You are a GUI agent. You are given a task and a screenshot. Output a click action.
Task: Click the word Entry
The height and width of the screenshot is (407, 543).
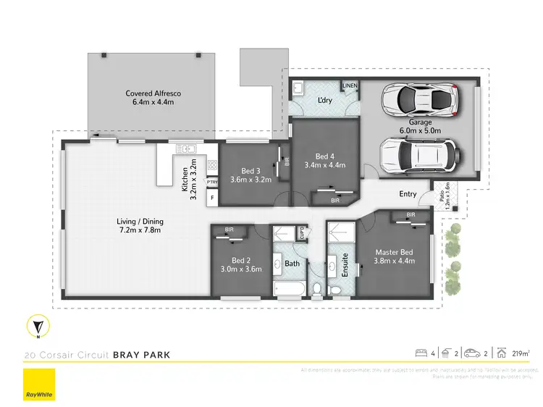[x=408, y=194]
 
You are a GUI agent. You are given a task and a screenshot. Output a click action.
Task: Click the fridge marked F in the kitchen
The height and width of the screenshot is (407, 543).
[x=212, y=197]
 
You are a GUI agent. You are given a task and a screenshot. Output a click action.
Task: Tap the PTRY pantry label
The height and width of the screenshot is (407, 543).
[x=212, y=182]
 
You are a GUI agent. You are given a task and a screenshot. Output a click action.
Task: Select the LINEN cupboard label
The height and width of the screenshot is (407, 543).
[x=350, y=85]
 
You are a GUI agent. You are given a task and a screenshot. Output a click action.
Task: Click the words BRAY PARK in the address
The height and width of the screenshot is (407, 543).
[x=141, y=356]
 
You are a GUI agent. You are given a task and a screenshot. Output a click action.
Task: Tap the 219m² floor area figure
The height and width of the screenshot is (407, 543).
[x=520, y=353]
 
